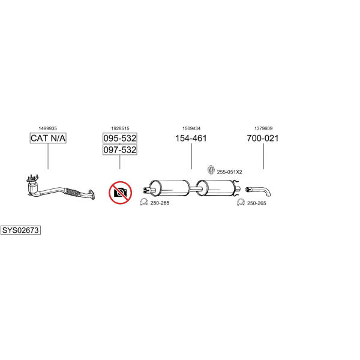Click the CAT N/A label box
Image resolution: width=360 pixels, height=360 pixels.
tap(48, 138)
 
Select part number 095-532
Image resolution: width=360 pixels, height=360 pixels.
tap(119, 138)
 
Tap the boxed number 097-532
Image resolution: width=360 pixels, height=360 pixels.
tap(119, 149)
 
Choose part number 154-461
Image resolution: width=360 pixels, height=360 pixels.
tap(191, 138)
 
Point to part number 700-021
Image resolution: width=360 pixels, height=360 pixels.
tap(263, 138)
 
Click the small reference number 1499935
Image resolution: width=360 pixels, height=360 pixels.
tap(48, 128)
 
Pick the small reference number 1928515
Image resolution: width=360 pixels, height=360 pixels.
tap(120, 128)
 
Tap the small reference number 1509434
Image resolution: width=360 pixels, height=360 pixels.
tap(191, 128)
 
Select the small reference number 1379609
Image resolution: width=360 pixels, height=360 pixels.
tap(263, 128)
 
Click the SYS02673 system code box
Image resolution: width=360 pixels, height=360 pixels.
tap(20, 230)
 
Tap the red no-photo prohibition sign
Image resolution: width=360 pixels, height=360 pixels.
tap(120, 193)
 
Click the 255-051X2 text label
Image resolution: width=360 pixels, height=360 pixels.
tap(229, 172)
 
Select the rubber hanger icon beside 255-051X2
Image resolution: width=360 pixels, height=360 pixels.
tap(211, 170)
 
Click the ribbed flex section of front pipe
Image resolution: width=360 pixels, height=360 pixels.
tap(73, 193)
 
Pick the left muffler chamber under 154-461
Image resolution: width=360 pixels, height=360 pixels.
tap(170, 188)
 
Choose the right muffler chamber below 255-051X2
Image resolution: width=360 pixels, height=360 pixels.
tap(216, 188)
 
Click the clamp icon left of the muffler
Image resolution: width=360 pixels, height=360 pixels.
tap(144, 202)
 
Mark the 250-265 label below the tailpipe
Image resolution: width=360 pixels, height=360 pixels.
tap(256, 203)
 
